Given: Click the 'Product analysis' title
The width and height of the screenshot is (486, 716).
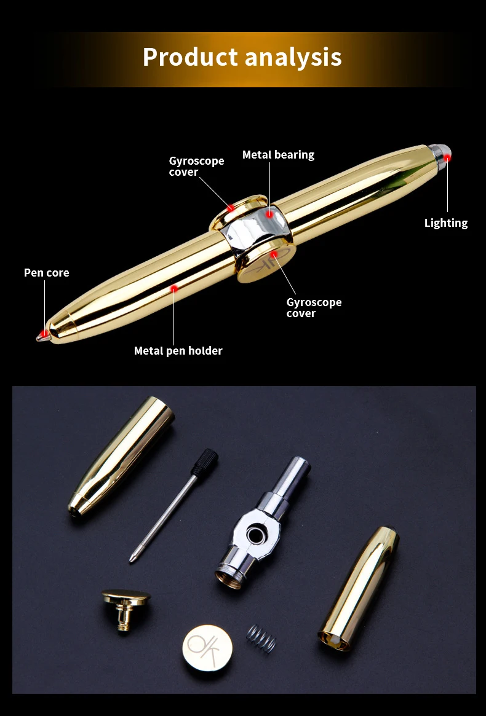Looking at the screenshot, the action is [242, 57].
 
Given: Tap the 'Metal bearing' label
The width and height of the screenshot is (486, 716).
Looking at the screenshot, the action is [278, 155].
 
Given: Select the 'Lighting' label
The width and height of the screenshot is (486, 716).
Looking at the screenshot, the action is [445, 223].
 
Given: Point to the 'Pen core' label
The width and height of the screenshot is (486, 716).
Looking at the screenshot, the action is [47, 273].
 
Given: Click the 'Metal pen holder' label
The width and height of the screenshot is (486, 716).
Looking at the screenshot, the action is [178, 351].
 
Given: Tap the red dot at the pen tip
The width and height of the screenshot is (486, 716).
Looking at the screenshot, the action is [44, 334].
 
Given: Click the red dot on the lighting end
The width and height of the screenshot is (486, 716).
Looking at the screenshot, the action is [447, 158].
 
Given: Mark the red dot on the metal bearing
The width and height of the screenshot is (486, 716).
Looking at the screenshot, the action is [269, 214].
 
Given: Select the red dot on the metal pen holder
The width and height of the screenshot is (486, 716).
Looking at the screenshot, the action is [175, 287].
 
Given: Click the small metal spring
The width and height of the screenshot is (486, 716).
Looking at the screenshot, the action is [261, 638].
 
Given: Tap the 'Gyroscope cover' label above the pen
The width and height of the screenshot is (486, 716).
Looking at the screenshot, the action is [196, 167].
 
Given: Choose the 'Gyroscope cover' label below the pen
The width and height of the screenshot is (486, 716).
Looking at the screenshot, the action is [314, 308].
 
